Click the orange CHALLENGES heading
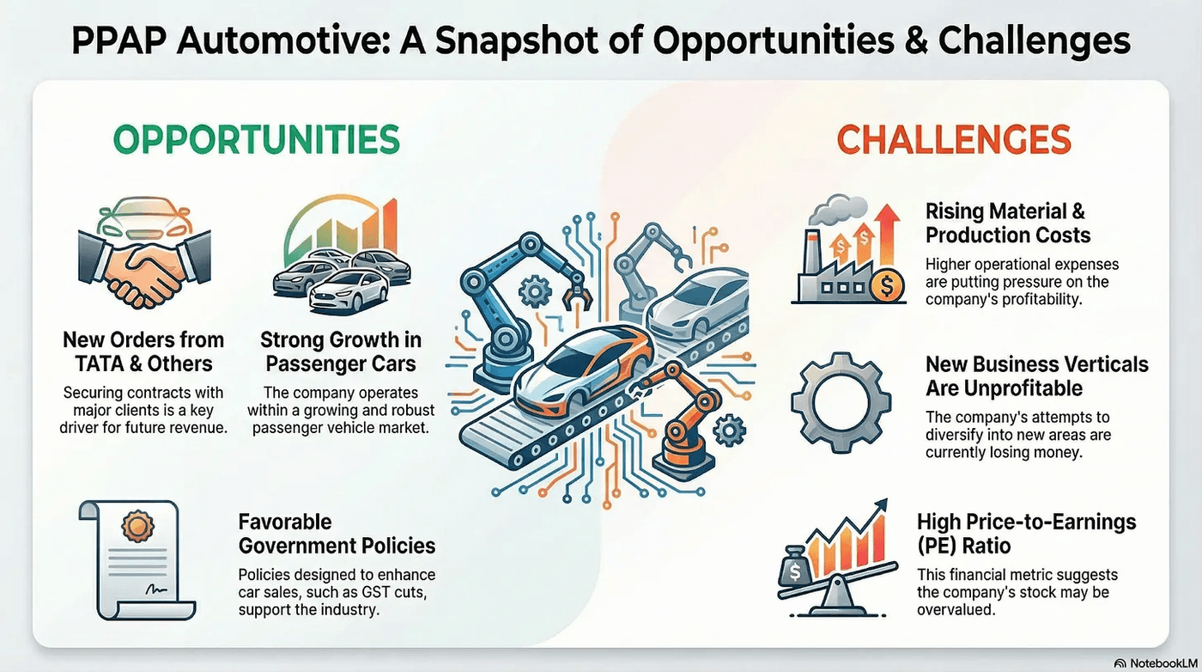pos(954,139)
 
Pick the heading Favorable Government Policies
pos(337,534)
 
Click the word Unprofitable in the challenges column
pos(1005,388)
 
